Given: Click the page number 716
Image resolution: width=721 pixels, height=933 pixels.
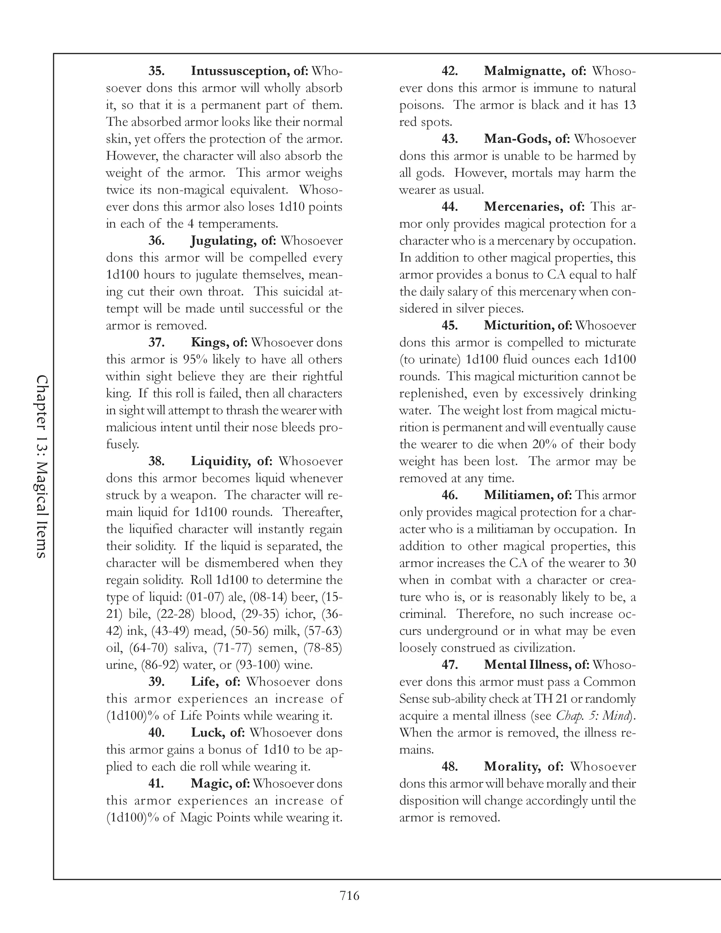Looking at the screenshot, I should click(x=349, y=896).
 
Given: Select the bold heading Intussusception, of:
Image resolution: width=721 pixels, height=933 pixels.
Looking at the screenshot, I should click(x=250, y=71).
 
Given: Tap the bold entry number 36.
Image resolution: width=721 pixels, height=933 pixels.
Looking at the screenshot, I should click(x=156, y=241).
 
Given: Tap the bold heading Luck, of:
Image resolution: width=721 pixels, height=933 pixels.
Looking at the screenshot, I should click(x=218, y=733).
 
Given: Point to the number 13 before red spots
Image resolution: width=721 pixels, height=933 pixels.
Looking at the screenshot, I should click(x=629, y=105).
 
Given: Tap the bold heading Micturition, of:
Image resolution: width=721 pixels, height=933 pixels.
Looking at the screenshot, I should click(x=528, y=326).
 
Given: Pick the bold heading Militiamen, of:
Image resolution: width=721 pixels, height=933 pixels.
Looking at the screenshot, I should click(x=528, y=496).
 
